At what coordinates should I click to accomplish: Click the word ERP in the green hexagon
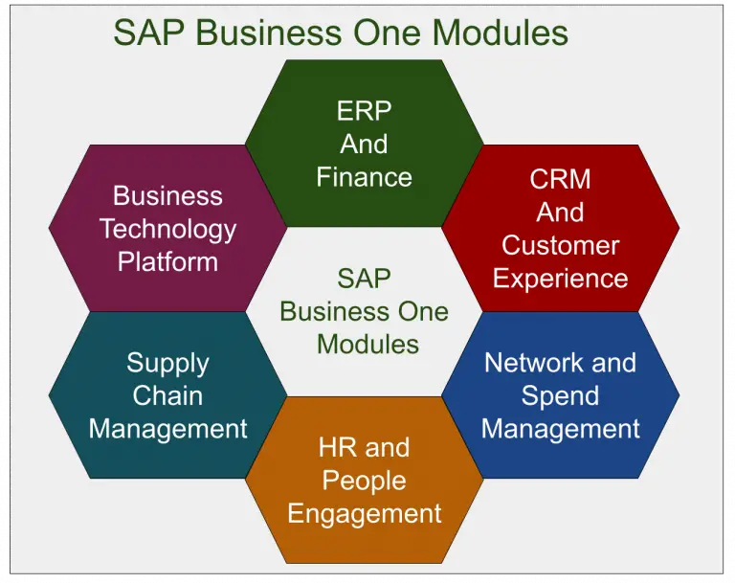point(364,111)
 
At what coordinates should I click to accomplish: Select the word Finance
point(364,177)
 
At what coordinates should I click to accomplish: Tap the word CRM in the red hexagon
point(560,179)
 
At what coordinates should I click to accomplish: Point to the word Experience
point(560,279)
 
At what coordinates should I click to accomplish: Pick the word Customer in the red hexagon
point(560,245)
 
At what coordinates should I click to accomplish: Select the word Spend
point(560,395)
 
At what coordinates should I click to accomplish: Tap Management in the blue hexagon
point(560,429)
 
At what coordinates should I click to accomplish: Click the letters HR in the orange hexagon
point(337,447)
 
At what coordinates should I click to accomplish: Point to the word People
point(364,481)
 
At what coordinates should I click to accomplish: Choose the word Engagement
point(364,513)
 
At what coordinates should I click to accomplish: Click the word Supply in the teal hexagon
point(167,364)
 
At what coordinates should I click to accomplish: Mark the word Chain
point(167,395)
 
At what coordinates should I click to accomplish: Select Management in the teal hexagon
point(167,429)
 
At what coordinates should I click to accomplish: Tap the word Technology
point(167,229)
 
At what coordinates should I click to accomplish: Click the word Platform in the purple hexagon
point(167,261)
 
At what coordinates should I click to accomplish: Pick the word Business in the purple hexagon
point(167,196)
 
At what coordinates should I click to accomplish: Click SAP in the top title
point(145,34)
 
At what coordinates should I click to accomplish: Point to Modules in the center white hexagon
point(367,344)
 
